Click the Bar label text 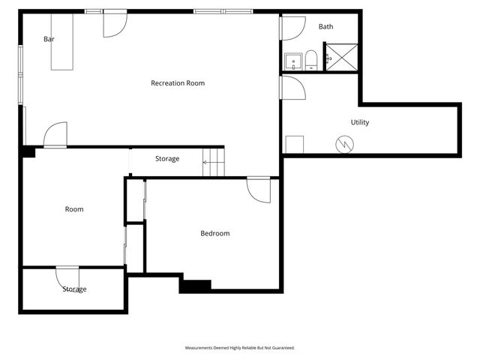point(49,39)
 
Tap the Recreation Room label point(178,83)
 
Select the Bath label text point(325,27)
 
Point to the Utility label point(360,122)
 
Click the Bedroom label point(214,234)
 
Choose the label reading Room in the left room point(73,209)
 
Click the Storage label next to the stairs point(167,159)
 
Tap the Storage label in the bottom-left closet point(74,289)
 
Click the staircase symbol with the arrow point(213,161)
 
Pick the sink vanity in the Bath point(292,61)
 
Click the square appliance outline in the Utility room point(294,144)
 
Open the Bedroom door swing point(259,189)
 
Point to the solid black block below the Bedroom point(195,286)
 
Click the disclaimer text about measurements point(240,348)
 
